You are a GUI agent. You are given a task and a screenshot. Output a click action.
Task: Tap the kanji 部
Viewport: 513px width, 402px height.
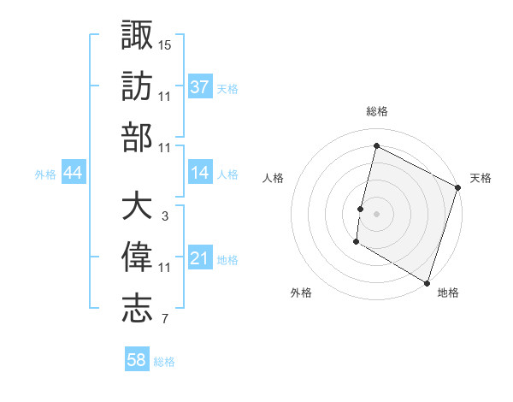tap(137, 138)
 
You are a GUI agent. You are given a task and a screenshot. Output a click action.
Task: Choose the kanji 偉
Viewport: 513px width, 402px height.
tap(137, 258)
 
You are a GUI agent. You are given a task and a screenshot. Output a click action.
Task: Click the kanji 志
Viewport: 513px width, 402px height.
tap(137, 310)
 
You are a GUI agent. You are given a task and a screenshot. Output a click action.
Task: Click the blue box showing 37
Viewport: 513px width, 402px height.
tap(199, 86)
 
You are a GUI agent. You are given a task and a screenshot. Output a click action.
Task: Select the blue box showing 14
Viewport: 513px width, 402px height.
tap(199, 173)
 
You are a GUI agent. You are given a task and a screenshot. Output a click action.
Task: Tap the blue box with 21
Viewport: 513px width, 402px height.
tap(199, 258)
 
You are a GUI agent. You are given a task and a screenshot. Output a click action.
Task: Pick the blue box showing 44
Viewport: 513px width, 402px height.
tap(73, 173)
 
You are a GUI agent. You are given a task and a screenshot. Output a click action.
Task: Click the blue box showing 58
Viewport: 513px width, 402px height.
tap(136, 360)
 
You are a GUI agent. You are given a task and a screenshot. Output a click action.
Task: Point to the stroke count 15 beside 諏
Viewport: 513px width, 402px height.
tap(165, 44)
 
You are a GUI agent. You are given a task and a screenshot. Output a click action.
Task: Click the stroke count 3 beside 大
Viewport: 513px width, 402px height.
tap(164, 216)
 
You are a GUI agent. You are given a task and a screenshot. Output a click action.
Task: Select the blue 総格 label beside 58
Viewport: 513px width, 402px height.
tap(164, 361)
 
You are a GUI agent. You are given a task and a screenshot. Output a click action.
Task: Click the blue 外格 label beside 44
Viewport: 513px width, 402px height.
tap(45, 174)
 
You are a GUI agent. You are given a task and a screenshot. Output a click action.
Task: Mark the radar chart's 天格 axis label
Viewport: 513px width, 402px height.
tap(481, 178)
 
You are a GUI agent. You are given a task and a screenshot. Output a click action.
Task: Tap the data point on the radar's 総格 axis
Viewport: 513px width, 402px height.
tap(376, 145)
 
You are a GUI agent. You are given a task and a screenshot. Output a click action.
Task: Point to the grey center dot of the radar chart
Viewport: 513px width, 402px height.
tap(376, 213)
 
